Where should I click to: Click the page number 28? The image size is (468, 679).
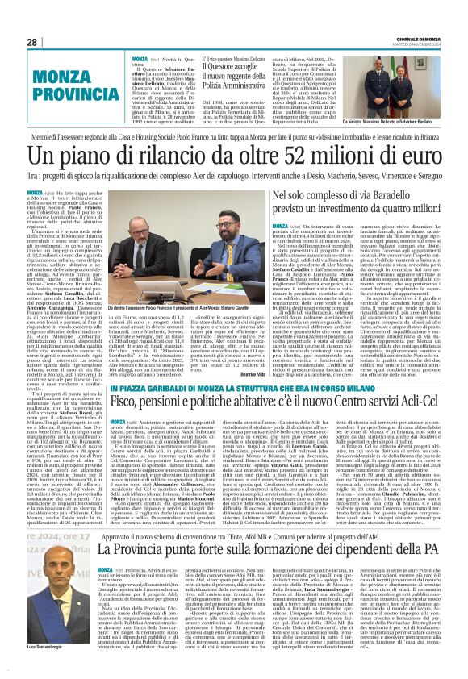click(31, 42)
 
